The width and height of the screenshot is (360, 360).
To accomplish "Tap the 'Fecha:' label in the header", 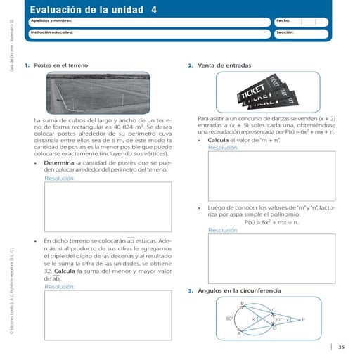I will click(x=283, y=22).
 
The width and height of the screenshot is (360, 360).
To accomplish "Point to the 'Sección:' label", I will click(x=285, y=32).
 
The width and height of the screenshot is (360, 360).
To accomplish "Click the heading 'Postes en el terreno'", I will click(x=61, y=65).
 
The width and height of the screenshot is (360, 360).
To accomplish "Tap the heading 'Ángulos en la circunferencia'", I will click(x=239, y=290).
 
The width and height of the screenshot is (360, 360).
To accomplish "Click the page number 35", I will click(x=341, y=346).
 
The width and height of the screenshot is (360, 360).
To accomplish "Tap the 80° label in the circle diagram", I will click(x=230, y=319).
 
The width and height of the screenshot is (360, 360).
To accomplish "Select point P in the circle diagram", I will click(x=303, y=319).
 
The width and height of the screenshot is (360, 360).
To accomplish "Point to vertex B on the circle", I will click(x=243, y=303).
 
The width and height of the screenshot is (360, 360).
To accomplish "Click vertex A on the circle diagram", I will click(x=239, y=334).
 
